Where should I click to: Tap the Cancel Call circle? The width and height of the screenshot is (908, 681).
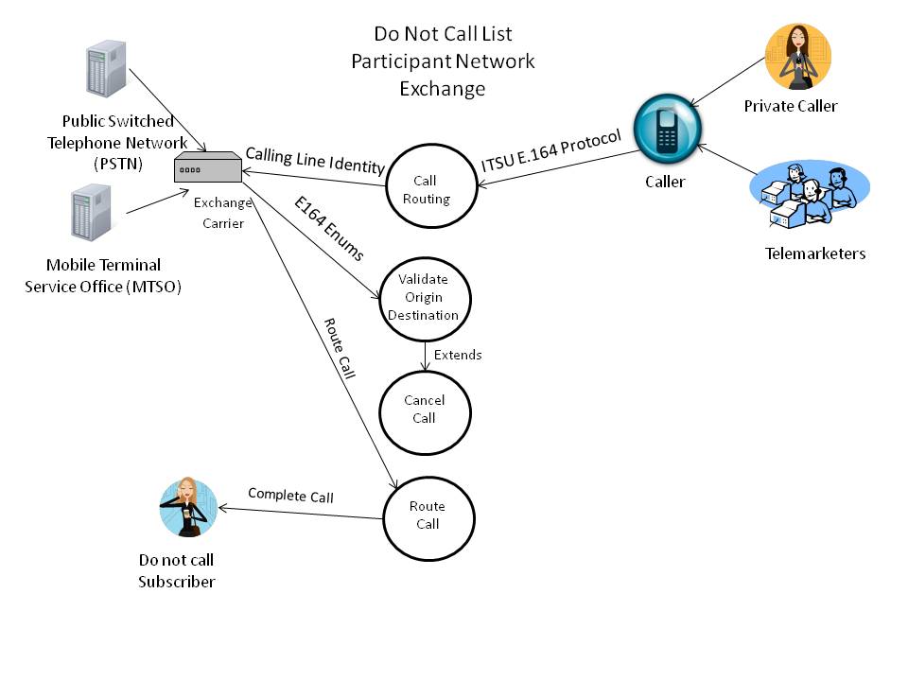coord(424,410)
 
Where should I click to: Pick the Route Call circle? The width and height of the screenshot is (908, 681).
coord(428,516)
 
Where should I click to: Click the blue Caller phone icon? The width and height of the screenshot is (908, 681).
coord(668,130)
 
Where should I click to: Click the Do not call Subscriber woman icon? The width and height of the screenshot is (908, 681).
coord(188,508)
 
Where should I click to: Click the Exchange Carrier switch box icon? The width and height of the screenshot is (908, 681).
coord(207,168)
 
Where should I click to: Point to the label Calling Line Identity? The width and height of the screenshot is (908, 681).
coord(315,160)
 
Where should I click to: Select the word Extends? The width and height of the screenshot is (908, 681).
coord(458,355)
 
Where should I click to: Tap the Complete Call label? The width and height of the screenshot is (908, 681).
coord(290,495)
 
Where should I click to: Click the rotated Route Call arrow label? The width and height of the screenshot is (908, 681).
coord(340,348)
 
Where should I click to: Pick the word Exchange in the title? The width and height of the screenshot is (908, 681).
coord(442,89)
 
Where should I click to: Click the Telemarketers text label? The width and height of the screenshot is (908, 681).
coord(815,253)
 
